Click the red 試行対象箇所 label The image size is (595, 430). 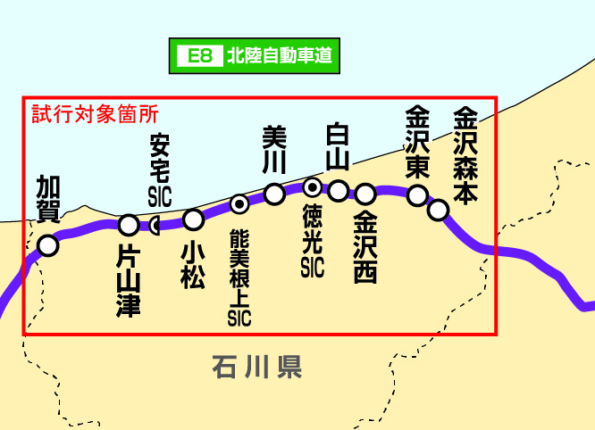(x=95, y=114)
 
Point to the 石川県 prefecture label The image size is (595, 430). (x=257, y=366)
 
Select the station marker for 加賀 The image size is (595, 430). (x=48, y=244)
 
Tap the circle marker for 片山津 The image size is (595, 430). (x=130, y=224)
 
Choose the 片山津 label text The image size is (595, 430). (x=130, y=280)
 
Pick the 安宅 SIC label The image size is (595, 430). (x=160, y=170)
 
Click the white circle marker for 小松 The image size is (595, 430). (x=193, y=219)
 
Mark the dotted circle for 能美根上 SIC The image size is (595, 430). (x=239, y=203)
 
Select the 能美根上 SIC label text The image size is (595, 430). (x=239, y=277)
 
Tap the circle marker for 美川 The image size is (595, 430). (x=275, y=194)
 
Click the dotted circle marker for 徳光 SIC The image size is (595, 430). (x=312, y=187)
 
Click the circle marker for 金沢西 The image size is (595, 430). (x=365, y=194)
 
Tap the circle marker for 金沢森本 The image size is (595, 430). (x=438, y=210)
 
